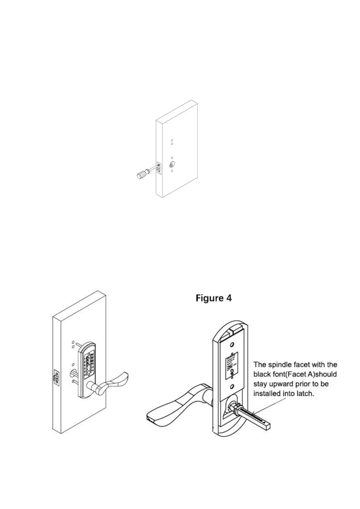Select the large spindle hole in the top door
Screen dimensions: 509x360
point(172,165)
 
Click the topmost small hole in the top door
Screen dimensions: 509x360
point(172,140)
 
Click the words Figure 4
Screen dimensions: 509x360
point(214,298)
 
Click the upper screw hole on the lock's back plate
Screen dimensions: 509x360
point(232,345)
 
